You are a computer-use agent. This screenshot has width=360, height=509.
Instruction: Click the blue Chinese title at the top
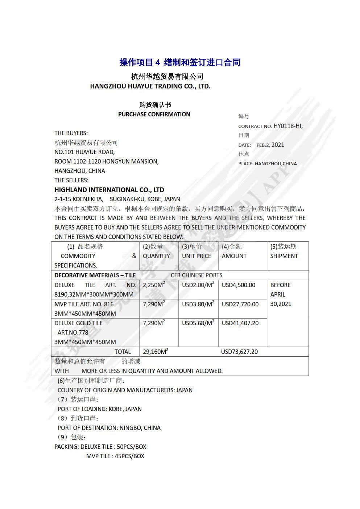point(180,62)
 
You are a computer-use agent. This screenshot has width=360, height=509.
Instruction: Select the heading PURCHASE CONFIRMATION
point(154,114)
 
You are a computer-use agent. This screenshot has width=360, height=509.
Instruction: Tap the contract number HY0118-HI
point(288,126)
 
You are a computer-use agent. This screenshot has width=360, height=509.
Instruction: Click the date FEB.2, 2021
point(270,145)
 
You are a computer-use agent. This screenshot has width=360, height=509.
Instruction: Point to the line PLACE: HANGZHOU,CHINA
point(268,164)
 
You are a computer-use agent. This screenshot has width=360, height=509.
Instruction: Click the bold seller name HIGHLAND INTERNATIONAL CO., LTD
point(109,190)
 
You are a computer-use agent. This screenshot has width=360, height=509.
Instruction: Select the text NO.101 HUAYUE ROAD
point(84,152)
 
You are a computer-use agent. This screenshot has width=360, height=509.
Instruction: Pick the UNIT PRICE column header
point(196,256)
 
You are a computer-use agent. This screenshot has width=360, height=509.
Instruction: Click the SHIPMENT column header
point(284,256)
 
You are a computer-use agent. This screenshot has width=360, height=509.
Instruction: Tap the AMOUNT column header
point(234,256)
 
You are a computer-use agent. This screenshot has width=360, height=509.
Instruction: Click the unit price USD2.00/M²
point(198,285)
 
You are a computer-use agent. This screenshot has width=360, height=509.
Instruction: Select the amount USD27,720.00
point(240,304)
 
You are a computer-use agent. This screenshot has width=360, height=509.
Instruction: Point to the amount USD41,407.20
point(240,323)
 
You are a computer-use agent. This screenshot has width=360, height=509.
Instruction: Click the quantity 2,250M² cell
point(154,285)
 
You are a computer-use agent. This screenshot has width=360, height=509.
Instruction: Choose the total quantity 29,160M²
point(156,352)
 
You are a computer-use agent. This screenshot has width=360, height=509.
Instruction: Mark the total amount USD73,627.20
point(239,352)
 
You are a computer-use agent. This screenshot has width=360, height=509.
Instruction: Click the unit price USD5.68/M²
point(198,323)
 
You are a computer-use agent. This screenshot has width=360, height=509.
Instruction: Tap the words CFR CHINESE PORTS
point(196,275)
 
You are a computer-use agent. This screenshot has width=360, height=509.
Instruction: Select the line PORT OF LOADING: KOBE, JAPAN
point(100,409)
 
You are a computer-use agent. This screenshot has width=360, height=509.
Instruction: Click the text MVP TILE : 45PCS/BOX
point(115,456)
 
